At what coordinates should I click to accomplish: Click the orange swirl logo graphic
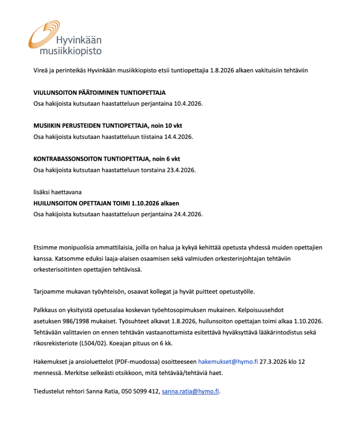click(x=43, y=35)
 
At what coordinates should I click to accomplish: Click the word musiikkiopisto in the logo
click(x=70, y=51)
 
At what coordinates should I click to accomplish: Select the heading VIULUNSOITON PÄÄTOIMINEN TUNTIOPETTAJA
click(x=99, y=92)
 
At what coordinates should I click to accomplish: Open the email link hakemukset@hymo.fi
click(x=228, y=362)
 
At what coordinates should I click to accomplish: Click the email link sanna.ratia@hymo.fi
click(x=190, y=391)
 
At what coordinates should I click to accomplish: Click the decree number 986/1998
click(x=76, y=322)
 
